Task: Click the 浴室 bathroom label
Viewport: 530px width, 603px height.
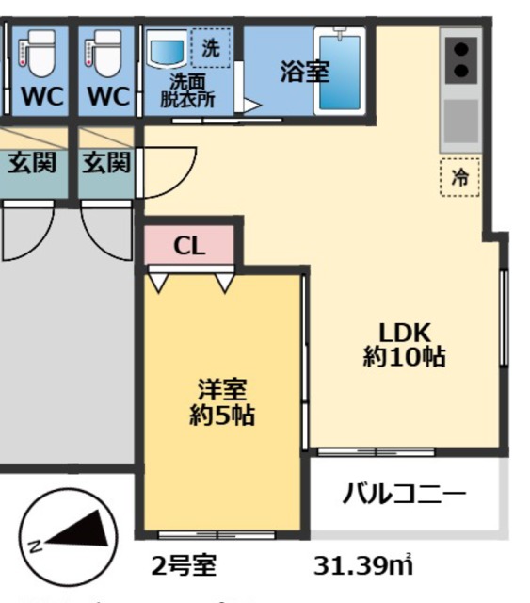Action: tap(304, 72)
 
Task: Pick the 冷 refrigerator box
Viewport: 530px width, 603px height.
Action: tap(459, 176)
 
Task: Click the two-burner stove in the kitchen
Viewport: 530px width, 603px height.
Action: tap(461, 58)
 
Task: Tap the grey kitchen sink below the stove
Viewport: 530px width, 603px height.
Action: tap(460, 120)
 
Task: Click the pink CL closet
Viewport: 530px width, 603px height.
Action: tap(189, 246)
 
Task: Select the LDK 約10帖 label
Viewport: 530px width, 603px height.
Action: tap(404, 345)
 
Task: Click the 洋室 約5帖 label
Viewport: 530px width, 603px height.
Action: tap(222, 401)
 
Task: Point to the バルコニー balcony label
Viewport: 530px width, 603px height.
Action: tap(403, 494)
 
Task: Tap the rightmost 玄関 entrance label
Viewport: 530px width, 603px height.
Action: tap(104, 164)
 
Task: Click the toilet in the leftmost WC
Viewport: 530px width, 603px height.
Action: tap(38, 56)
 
